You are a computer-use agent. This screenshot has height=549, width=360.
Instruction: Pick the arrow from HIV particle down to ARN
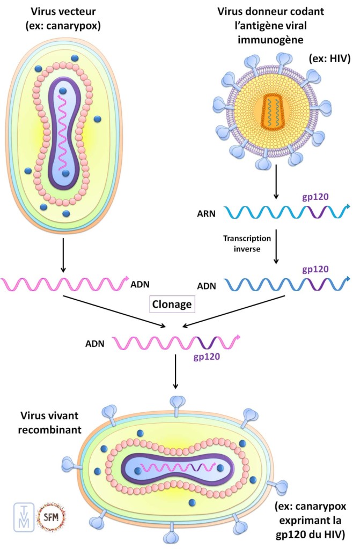(x=275, y=184)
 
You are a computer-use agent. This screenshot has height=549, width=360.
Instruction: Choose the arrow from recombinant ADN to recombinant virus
(x=175, y=372)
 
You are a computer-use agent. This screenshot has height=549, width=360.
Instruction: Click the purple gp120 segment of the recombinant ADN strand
(x=205, y=340)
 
